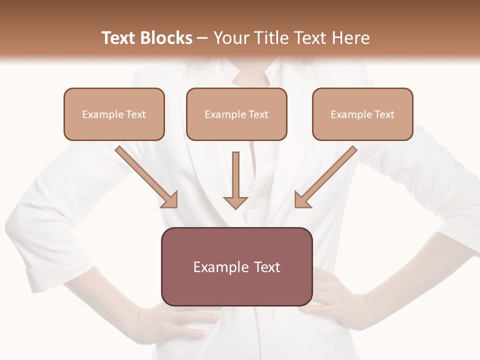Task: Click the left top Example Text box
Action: point(114,114)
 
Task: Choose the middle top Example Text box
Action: point(236,114)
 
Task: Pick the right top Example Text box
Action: point(362,114)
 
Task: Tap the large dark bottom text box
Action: point(236,266)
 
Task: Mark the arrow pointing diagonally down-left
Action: point(327,175)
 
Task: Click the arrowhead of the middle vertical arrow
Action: point(235,202)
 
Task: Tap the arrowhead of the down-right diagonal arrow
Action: point(170,200)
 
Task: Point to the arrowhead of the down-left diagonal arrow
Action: point(302,200)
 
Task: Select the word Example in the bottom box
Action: point(220,267)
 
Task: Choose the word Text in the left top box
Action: point(135,114)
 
